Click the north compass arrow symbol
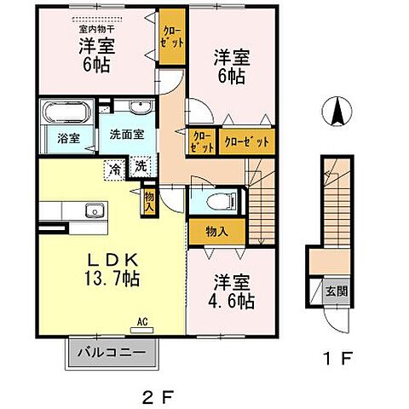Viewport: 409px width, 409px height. (337, 112)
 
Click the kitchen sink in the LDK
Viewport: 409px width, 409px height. (94, 211)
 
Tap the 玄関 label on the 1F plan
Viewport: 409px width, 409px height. (337, 291)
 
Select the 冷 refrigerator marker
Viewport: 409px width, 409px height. (114, 168)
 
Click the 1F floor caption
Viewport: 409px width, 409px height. (337, 358)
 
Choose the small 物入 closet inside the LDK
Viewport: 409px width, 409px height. (149, 200)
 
